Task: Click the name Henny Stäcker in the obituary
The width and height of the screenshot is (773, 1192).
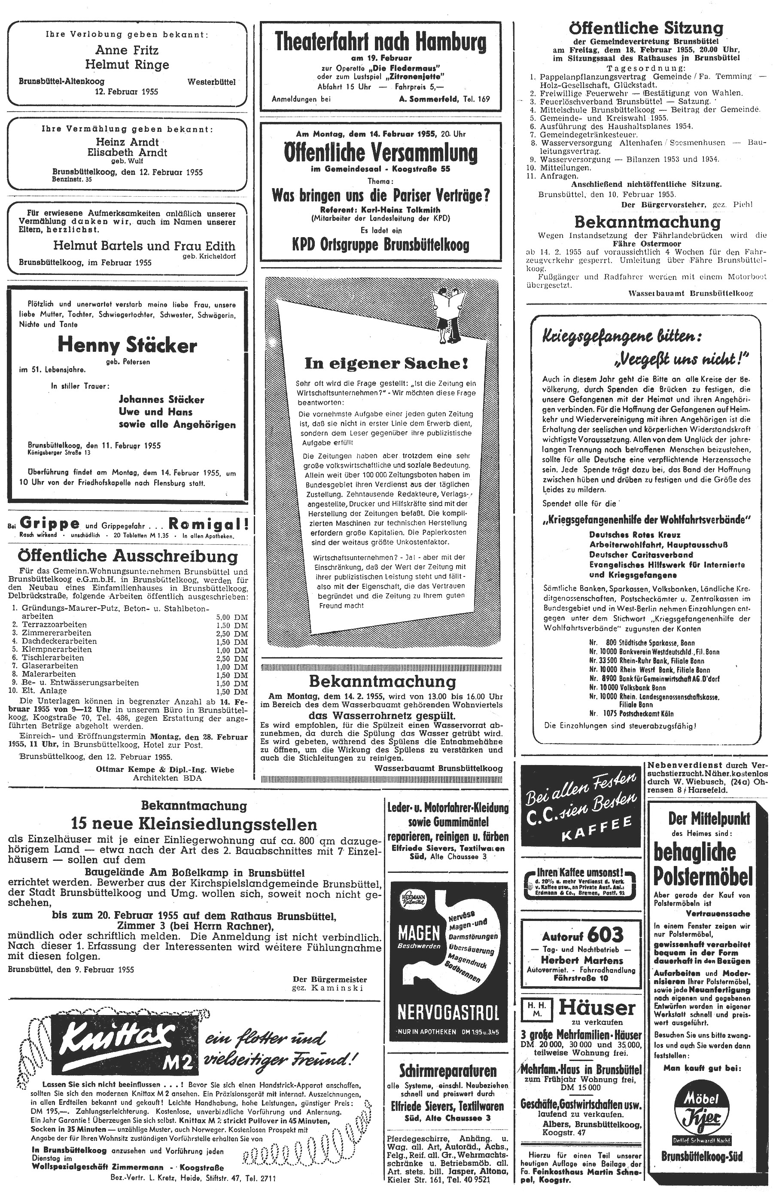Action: click(x=127, y=345)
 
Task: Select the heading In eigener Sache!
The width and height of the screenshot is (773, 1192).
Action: click(x=386, y=363)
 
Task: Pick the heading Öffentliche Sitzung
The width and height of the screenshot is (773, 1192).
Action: click(x=646, y=28)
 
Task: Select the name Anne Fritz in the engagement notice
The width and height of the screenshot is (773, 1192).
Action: click(x=127, y=50)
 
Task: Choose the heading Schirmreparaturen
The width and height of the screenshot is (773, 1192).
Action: click(x=448, y=1071)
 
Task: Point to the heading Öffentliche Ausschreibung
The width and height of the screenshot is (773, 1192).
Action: click(x=128, y=556)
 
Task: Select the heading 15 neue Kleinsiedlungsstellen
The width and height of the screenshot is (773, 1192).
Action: click(x=194, y=824)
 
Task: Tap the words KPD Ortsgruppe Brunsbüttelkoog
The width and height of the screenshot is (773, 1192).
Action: click(x=380, y=245)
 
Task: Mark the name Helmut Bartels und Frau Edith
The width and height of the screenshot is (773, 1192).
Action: click(x=144, y=246)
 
